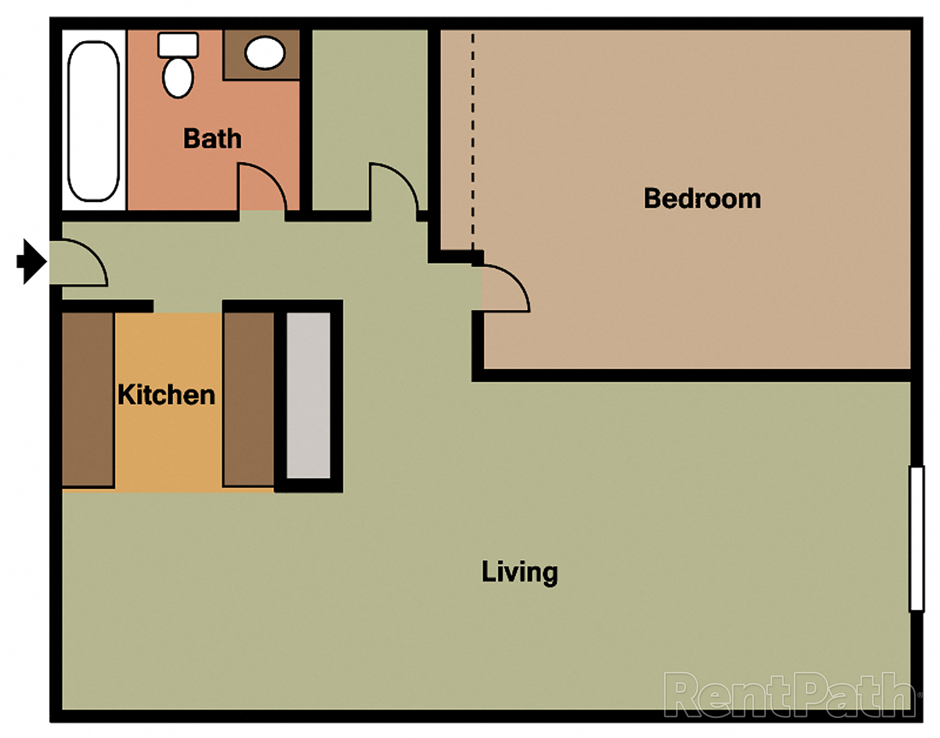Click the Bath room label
(x=212, y=139)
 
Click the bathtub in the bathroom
(x=93, y=121)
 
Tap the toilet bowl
(x=178, y=78)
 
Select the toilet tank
(x=178, y=45)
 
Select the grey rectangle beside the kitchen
(x=308, y=395)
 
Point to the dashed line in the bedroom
(x=473, y=143)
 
